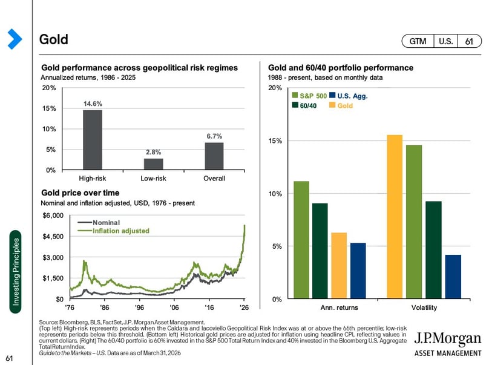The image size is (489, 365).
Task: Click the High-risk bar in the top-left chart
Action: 93,140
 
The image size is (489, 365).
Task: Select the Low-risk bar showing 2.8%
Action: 153,164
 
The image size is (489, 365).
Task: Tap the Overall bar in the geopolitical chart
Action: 214,156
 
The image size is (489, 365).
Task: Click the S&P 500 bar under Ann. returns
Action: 301,240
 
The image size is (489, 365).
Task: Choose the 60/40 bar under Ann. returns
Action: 320,251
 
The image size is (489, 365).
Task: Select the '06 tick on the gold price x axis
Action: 174,307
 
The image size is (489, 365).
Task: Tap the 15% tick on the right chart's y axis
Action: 275,141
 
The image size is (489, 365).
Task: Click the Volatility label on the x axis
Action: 424,308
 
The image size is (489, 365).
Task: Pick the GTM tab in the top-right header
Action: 418,41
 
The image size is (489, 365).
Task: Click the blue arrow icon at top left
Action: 14,39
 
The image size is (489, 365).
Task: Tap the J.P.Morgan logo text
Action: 448,339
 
